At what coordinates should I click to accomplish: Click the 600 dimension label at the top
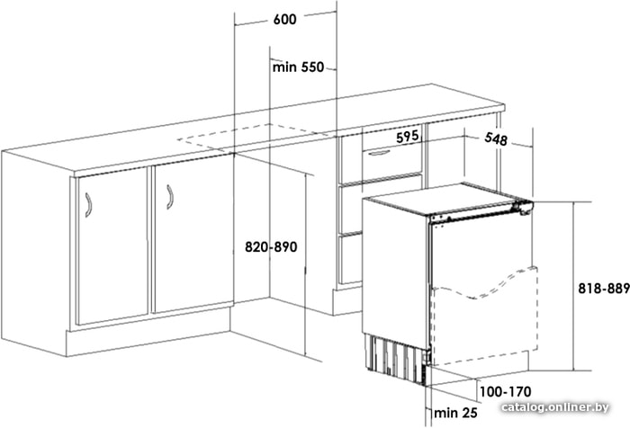[285, 19]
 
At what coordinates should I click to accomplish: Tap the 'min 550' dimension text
[298, 67]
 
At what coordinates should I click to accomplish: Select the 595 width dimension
[408, 137]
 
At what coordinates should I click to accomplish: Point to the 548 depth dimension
[496, 138]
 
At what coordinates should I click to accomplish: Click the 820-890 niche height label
[271, 247]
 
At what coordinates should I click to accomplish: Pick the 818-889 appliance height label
[604, 289]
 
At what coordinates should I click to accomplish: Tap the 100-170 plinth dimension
[506, 391]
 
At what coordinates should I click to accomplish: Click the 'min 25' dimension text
[455, 413]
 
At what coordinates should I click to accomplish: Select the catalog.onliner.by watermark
[555, 407]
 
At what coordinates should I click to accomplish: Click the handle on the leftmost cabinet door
[89, 205]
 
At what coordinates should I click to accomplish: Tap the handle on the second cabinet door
[170, 197]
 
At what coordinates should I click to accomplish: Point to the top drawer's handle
[379, 153]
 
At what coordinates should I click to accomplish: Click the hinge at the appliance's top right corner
[523, 208]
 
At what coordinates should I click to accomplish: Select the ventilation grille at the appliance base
[396, 357]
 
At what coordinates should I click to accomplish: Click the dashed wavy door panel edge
[485, 286]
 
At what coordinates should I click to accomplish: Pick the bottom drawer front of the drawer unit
[351, 259]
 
